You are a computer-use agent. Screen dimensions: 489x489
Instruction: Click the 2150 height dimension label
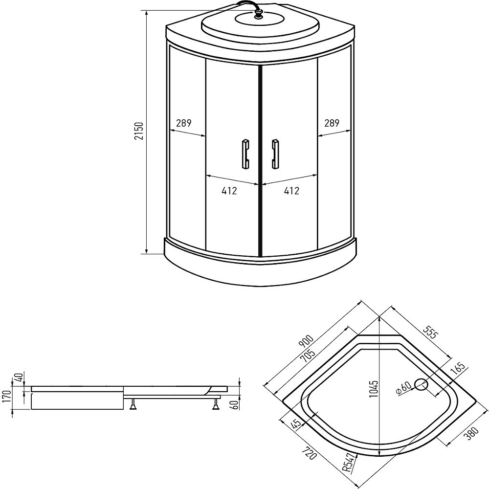point(139,131)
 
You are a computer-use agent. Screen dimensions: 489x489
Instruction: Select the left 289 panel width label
point(184,123)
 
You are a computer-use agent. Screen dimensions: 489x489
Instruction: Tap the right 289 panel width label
point(332,123)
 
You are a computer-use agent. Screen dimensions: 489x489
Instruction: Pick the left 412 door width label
point(229,191)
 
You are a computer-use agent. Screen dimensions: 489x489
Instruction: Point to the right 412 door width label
point(291,191)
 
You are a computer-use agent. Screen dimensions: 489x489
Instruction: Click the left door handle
point(245,154)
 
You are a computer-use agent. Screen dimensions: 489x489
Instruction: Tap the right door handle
point(275,154)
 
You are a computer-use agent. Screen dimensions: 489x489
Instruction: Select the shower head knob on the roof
point(259,15)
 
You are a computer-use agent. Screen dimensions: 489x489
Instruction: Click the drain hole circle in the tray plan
point(422,385)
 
